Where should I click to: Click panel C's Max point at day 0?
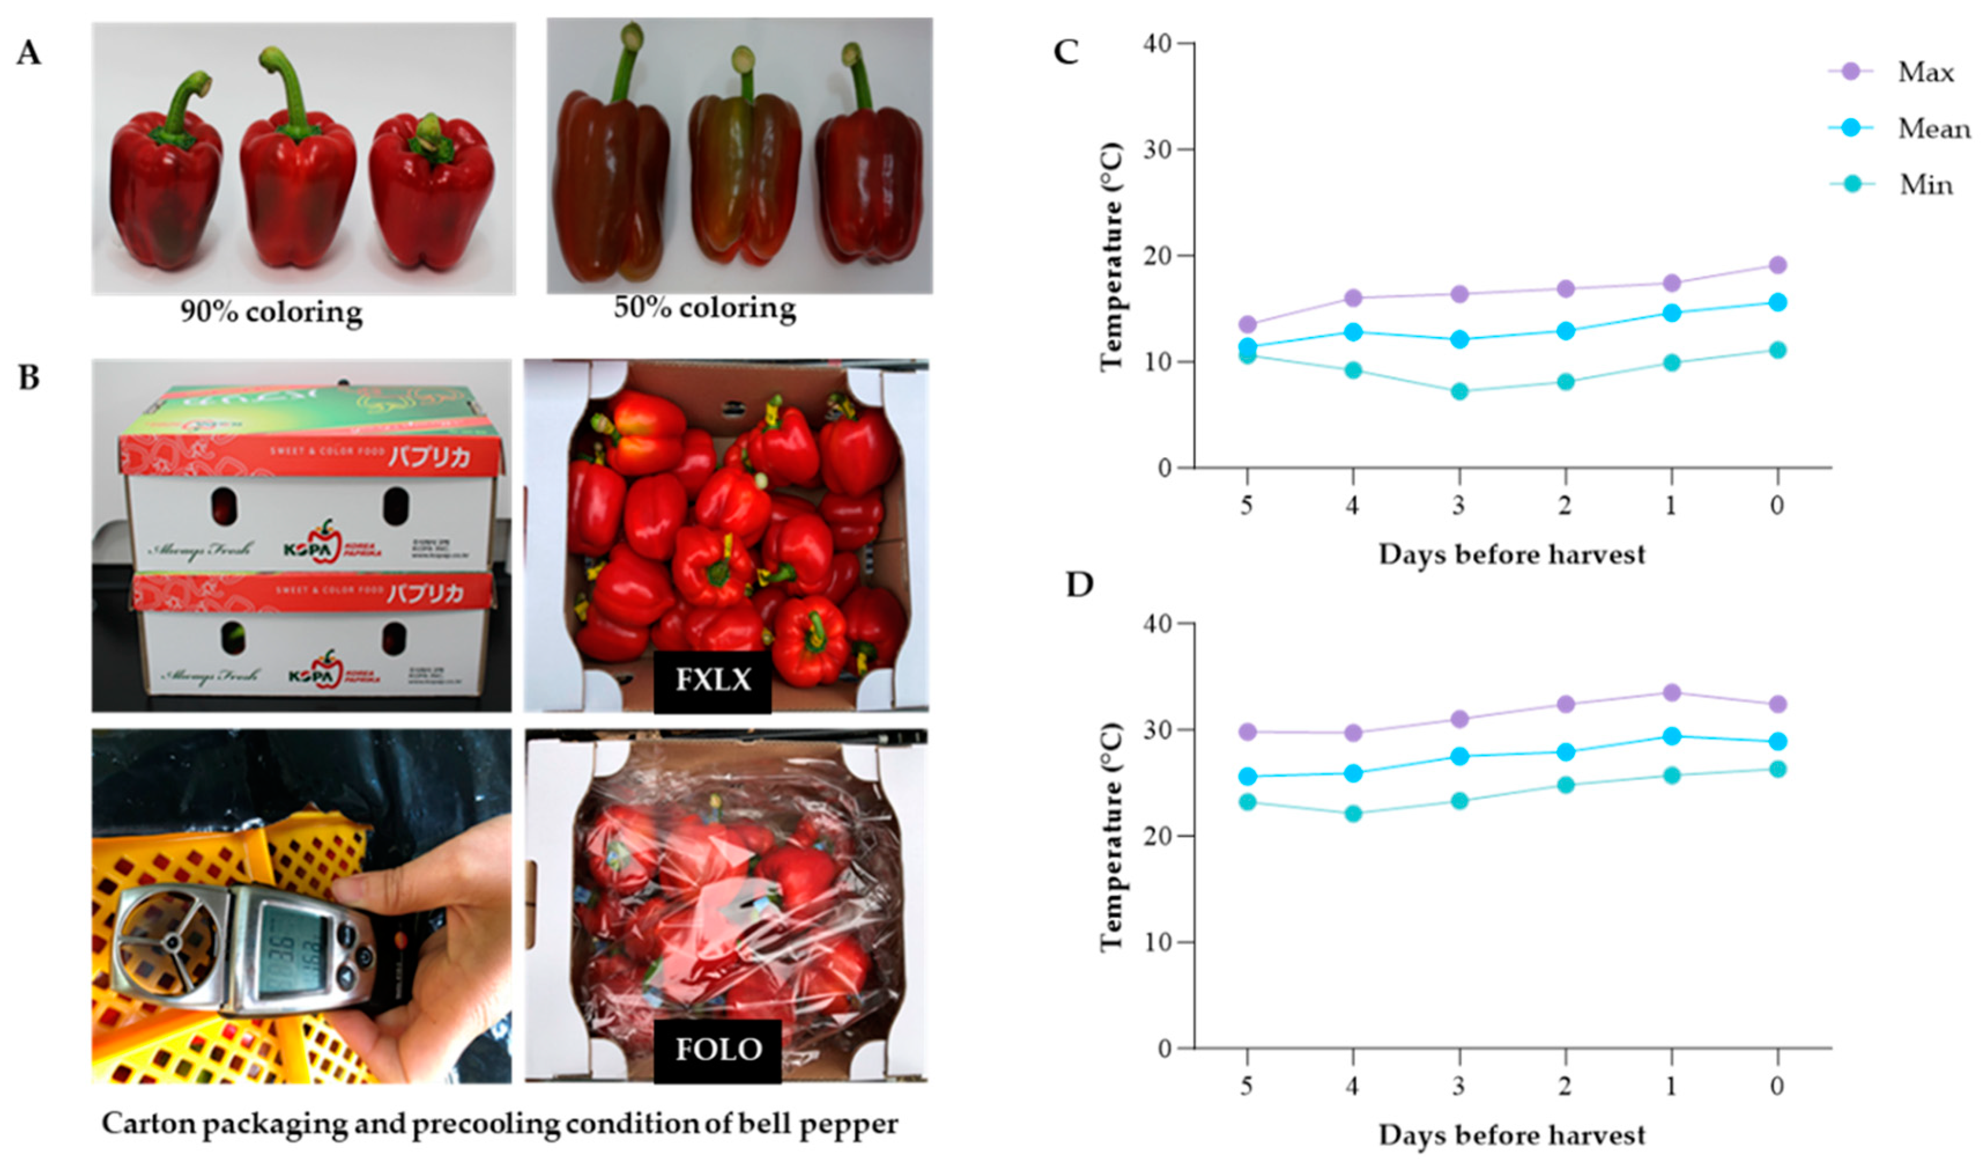click(1777, 265)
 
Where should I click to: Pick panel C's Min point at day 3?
click(1459, 391)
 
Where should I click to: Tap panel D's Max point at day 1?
click(1672, 692)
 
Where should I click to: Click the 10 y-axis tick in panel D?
click(1157, 942)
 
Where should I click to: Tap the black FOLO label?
click(718, 1050)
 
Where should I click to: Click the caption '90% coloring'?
click(271, 312)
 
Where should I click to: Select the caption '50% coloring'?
click(705, 307)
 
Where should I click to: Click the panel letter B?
click(29, 378)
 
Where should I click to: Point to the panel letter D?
click(1079, 584)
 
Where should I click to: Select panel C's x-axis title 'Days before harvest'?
click(1511, 554)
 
